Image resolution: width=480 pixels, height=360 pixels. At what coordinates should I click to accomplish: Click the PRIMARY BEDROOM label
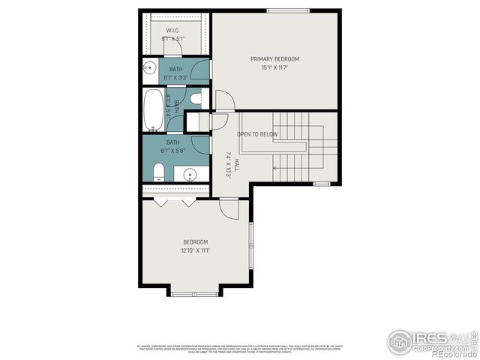pos(274,58)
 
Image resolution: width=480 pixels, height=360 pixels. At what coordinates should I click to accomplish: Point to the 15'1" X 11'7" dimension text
pos(274,67)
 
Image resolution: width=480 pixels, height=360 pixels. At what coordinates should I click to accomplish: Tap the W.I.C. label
pos(172,31)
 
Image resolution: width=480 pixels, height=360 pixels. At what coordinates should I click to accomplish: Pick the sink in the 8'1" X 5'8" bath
pos(190,175)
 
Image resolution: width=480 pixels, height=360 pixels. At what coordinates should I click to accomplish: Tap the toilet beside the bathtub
pos(196,98)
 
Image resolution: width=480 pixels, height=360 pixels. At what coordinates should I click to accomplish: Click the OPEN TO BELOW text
pos(257,134)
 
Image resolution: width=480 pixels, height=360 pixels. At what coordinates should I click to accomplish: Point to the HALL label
pos(235,164)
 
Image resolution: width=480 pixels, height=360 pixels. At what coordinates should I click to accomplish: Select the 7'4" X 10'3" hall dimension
pos(227,164)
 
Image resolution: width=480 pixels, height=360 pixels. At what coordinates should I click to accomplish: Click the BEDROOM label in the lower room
pos(195,241)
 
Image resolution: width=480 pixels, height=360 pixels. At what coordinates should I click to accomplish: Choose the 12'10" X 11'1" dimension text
pos(195,250)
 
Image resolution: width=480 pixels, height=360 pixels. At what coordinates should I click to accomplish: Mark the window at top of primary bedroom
pos(288,10)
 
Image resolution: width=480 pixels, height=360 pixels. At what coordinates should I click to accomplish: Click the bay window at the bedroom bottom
pos(195,292)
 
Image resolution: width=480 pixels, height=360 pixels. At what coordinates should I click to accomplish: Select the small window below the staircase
pos(322,184)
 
